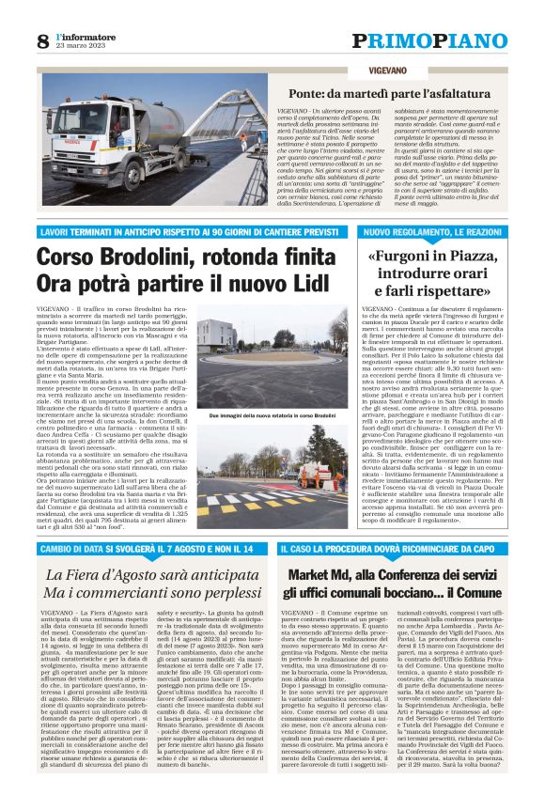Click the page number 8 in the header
(x=43, y=41)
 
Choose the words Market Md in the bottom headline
(x=326, y=574)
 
